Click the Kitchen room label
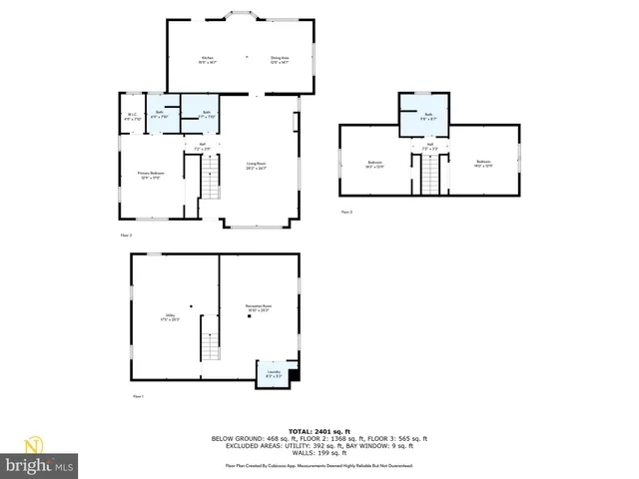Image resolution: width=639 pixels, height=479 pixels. click(x=208, y=60)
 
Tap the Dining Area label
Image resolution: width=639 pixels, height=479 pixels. click(x=280, y=60)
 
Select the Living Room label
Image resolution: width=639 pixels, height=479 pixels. click(x=257, y=165)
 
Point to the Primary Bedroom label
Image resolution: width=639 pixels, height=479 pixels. click(x=150, y=175)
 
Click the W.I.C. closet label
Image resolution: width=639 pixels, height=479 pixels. click(x=132, y=116)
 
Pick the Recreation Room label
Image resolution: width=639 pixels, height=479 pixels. click(x=260, y=307)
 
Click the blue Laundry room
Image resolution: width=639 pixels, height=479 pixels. click(x=275, y=373)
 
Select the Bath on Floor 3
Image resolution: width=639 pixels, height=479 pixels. click(x=427, y=117)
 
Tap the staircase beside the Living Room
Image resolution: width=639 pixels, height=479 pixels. click(x=210, y=181)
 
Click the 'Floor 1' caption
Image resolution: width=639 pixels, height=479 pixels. click(x=139, y=397)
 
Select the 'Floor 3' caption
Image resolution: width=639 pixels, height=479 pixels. click(x=346, y=213)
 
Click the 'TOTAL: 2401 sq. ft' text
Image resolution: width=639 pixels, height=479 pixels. click(x=319, y=431)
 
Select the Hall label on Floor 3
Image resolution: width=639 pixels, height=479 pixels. click(x=429, y=147)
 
